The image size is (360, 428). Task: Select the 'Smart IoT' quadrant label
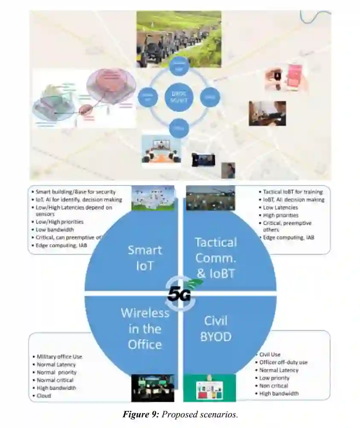point(145,258)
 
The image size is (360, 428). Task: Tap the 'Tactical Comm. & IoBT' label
point(215,258)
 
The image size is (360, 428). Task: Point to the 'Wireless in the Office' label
point(145,328)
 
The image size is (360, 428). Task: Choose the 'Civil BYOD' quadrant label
point(216,329)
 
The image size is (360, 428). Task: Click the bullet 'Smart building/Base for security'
point(76,192)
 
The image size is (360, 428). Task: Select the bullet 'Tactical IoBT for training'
point(293,192)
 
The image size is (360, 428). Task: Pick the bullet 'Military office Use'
point(59,357)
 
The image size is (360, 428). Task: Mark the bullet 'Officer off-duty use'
point(284,362)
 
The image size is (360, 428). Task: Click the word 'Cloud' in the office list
point(44,396)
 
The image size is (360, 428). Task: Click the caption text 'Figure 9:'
point(140,414)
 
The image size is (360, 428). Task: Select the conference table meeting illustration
point(161,149)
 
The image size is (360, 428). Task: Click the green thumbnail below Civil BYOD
point(209,388)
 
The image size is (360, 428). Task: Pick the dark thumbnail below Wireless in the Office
point(152,388)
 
